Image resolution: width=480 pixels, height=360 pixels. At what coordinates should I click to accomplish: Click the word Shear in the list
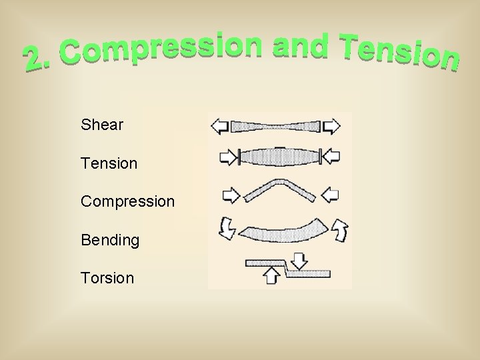(x=101, y=125)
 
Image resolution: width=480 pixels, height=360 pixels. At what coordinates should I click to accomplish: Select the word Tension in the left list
(x=109, y=163)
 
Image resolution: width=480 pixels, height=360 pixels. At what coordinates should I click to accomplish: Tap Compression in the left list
(x=127, y=201)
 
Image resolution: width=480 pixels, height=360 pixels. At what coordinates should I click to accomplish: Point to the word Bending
(x=110, y=240)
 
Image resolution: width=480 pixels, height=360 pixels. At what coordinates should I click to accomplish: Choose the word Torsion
(x=107, y=278)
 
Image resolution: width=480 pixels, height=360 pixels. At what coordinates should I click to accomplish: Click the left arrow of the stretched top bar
(x=219, y=126)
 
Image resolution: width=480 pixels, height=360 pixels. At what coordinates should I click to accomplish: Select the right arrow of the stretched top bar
(x=331, y=126)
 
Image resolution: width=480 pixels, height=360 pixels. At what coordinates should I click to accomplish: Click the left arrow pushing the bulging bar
(x=228, y=157)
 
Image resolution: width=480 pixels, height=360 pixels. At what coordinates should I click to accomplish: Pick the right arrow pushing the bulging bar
(x=330, y=157)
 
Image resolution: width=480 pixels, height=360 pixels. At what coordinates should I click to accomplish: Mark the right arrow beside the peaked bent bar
(x=330, y=195)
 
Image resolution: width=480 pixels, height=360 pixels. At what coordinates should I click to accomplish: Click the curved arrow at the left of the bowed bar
(x=227, y=229)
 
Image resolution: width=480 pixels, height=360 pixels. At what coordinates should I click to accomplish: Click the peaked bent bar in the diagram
(x=279, y=189)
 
